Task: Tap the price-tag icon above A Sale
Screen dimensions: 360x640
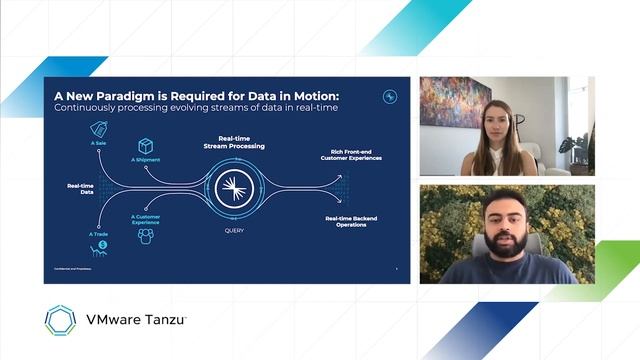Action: click(99, 128)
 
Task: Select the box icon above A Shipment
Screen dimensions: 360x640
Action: click(145, 146)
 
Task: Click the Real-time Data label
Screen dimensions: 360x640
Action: click(81, 189)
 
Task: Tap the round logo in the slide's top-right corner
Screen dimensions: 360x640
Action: click(390, 97)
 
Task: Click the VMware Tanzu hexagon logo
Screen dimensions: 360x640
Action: click(61, 320)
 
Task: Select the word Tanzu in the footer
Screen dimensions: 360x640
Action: click(164, 320)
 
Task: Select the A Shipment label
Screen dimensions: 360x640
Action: click(145, 160)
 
